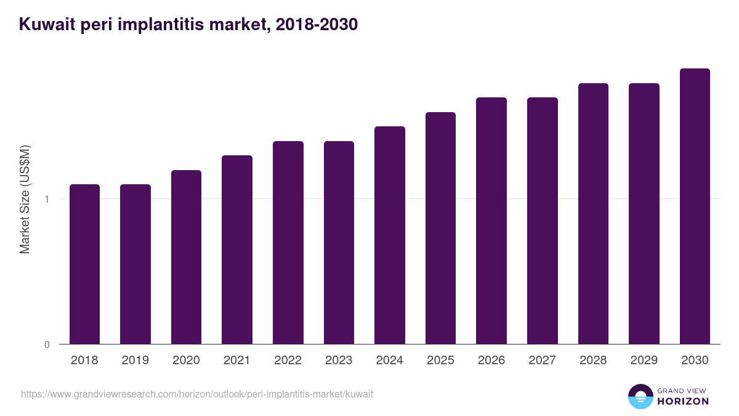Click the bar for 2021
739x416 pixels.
[x=237, y=250]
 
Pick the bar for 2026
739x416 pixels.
[x=491, y=221]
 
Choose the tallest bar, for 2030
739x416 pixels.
[x=695, y=206]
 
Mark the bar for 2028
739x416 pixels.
[x=593, y=213]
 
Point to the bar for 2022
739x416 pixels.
[x=288, y=242]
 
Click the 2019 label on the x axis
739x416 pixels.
[x=135, y=361]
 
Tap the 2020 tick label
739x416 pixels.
[x=186, y=361]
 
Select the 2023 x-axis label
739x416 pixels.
[x=339, y=361]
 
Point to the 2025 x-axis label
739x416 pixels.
[x=440, y=361]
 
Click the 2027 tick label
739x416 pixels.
[x=542, y=361]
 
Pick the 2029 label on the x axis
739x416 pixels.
[x=644, y=361]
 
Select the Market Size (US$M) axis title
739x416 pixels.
[x=25, y=199]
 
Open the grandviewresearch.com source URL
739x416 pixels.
[x=196, y=394]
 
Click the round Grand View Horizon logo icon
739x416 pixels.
[x=640, y=396]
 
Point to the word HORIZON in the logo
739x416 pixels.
[x=683, y=401]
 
